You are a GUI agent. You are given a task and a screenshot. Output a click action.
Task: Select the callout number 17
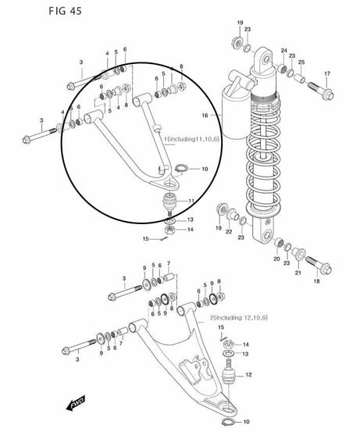(327, 74)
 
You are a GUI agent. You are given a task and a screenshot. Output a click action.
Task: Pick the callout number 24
(284, 49)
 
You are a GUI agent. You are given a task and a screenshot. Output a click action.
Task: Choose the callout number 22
(229, 232)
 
